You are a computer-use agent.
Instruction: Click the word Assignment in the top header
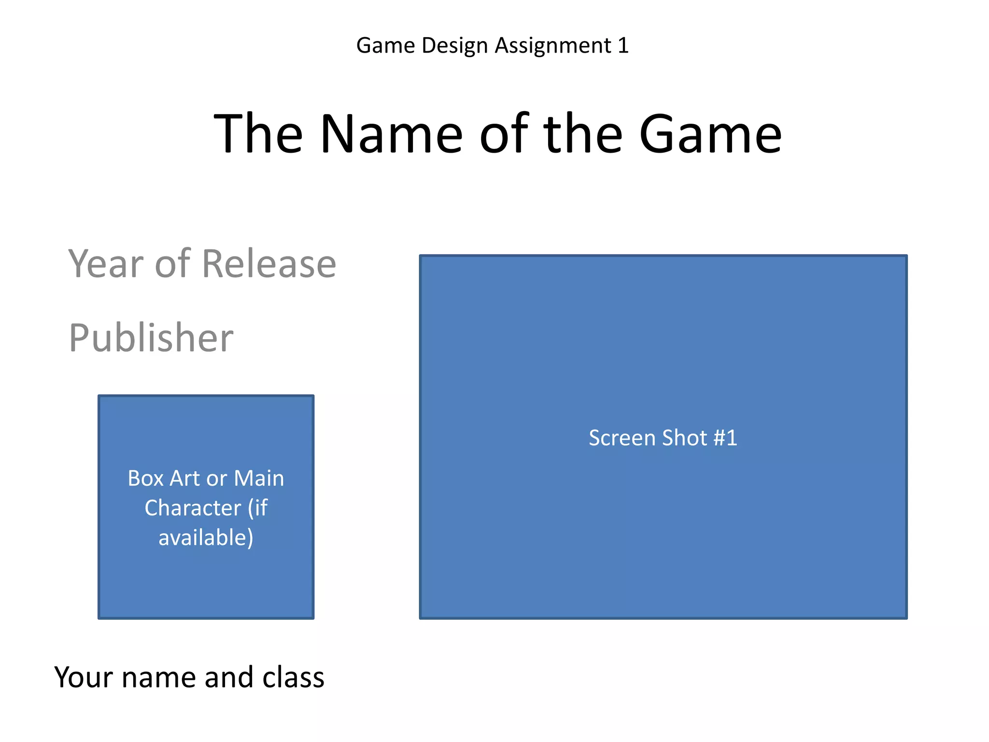pos(553,46)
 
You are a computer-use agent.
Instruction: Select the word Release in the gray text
pos(268,264)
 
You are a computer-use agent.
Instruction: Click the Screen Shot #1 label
pos(663,438)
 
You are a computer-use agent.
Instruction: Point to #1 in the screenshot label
pos(725,438)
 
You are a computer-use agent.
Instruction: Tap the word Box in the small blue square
pos(146,478)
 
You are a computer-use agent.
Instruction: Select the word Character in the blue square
pos(193,508)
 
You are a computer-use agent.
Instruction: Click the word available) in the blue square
pos(206,538)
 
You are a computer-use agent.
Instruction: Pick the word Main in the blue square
pos(259,478)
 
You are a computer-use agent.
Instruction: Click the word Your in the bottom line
pos(84,677)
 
